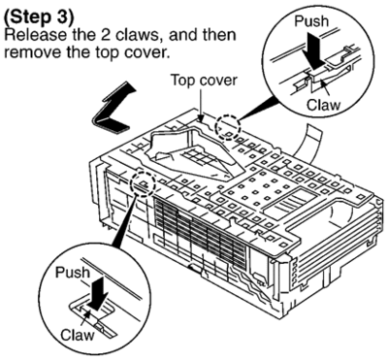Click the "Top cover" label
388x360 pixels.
[204, 80]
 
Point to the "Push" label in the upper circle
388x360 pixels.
[311, 21]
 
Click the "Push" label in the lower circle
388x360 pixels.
[72, 272]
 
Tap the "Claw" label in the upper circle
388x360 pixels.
[323, 105]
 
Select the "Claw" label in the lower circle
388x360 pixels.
[78, 335]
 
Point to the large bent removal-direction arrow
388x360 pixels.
[113, 107]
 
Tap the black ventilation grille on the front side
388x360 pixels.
[200, 233]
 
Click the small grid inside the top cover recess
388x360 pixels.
[198, 157]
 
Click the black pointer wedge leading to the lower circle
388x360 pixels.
[123, 226]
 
